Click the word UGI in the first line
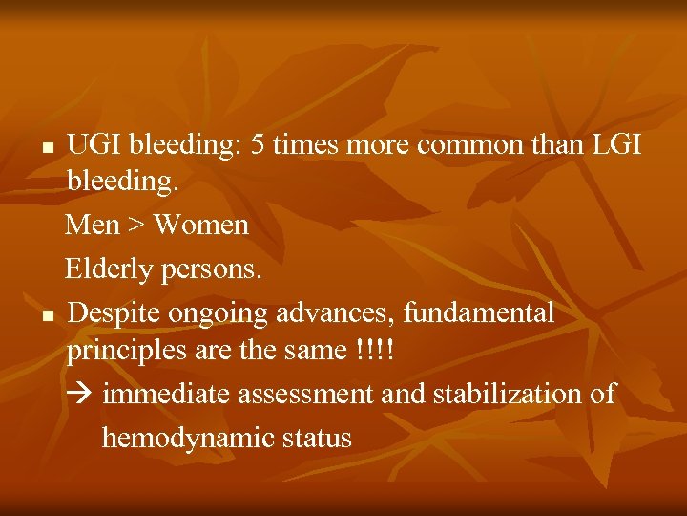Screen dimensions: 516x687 94,145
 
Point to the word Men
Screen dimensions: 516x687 93,226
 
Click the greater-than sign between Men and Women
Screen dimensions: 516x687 136,226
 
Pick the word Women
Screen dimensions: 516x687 200,226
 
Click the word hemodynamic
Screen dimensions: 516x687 188,438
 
